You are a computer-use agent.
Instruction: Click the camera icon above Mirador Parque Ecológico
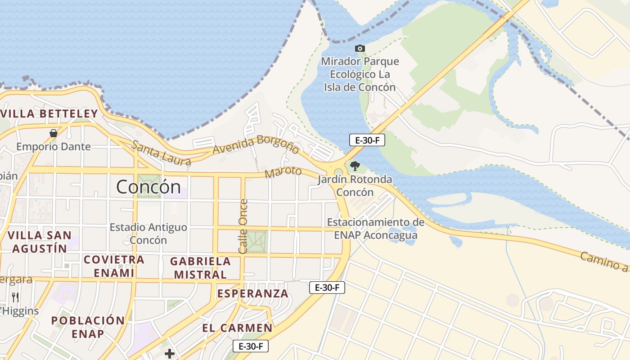360,48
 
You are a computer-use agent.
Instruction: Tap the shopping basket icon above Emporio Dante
54,133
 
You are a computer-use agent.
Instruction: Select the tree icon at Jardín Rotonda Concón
355,166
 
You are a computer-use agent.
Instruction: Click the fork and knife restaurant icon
15,297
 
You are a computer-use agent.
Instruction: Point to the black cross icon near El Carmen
170,354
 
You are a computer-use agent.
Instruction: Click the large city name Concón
148,186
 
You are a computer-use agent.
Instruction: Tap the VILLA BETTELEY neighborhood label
49,113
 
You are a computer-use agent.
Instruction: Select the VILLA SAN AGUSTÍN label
40,242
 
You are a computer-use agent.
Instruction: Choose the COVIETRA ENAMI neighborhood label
114,266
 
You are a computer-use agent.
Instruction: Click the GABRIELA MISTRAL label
200,268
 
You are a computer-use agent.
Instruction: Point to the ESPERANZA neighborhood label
252,293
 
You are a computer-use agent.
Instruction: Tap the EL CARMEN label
237,328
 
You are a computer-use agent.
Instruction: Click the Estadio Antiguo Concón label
148,234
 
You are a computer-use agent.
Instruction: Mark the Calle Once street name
243,226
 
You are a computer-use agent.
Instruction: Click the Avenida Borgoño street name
256,145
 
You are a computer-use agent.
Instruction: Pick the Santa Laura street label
161,153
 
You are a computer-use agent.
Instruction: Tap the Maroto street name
283,172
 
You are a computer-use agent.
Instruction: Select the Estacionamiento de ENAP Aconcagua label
376,229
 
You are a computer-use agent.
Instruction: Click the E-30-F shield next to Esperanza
327,288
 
